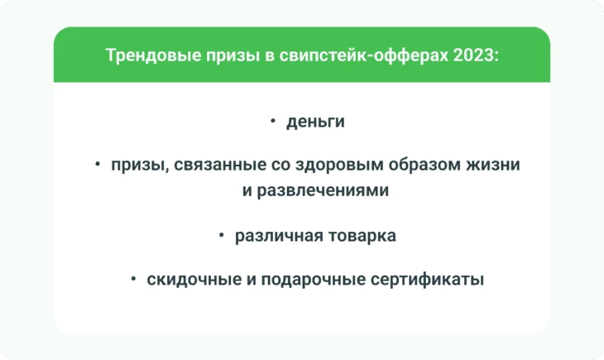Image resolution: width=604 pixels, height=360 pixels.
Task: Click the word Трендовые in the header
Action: (x=153, y=55)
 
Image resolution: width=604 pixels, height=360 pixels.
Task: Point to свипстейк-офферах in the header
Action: (x=363, y=55)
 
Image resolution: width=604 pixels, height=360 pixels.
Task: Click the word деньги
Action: (x=315, y=122)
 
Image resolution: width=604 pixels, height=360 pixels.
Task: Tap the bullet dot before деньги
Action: (x=273, y=121)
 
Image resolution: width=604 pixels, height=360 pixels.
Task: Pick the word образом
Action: (x=424, y=165)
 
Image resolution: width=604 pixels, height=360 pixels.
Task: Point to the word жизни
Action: (x=493, y=165)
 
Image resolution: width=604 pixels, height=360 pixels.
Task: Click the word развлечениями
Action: (x=323, y=191)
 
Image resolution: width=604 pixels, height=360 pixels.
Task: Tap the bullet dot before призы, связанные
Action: (x=98, y=164)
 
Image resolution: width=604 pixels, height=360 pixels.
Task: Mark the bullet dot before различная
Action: (x=222, y=235)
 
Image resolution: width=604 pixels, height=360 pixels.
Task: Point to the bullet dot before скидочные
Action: (x=133, y=278)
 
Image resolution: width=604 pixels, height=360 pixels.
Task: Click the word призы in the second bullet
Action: (x=140, y=166)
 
